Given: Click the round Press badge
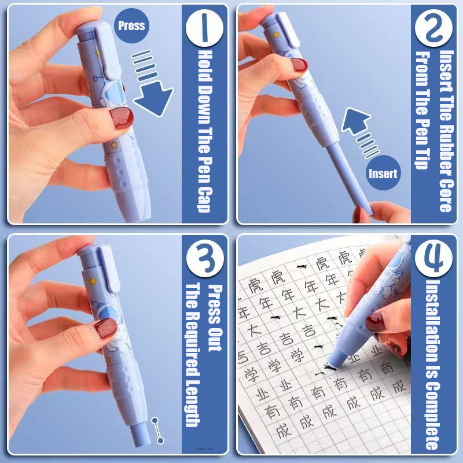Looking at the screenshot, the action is tap(131, 25).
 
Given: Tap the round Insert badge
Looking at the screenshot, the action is tap(383, 172).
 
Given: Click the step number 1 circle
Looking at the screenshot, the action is tap(204, 28).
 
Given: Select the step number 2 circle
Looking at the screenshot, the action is tap(433, 28).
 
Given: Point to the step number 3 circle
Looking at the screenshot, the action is tap(205, 258).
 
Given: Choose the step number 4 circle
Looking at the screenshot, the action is tap(433, 258).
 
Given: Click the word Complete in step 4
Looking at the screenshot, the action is tap(433, 416).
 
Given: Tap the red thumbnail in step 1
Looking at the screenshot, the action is tap(122, 117).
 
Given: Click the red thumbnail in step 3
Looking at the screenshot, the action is tap(105, 328).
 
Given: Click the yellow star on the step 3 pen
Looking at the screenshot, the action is tap(93, 281).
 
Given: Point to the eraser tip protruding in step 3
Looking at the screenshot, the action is tap(141, 435).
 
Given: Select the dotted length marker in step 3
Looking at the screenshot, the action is tap(157, 430).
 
